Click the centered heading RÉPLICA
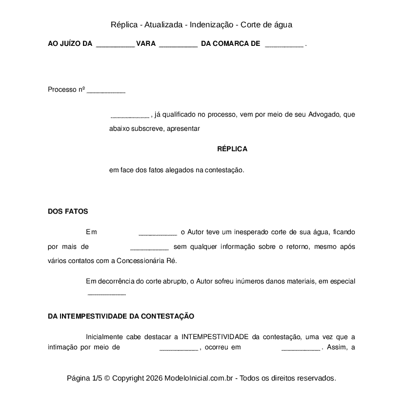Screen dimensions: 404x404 (x=232, y=149)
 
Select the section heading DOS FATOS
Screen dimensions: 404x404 (x=68, y=211)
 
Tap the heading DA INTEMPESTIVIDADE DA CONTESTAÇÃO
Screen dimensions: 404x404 (x=121, y=316)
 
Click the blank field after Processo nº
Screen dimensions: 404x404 (x=106, y=91)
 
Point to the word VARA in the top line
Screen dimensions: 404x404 (x=146, y=44)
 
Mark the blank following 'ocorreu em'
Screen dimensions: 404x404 (x=301, y=348)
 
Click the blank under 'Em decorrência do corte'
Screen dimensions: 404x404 (x=106, y=294)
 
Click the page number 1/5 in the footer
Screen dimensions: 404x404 (x=97, y=378)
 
